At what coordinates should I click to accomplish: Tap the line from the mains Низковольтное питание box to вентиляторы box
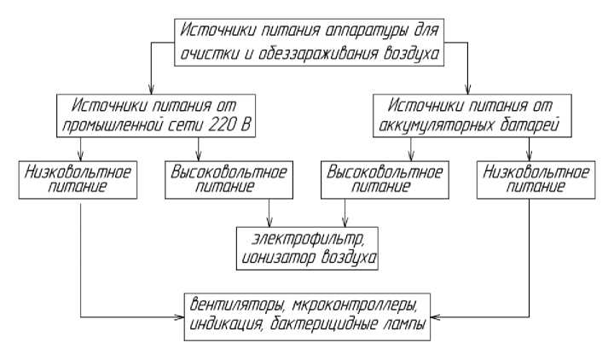coord(79,256)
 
